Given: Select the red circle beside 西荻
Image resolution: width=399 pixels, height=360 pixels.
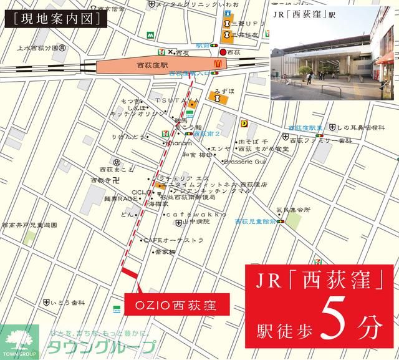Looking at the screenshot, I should [x=223, y=53].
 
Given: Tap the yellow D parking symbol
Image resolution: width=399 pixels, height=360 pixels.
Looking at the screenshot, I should [x=244, y=124].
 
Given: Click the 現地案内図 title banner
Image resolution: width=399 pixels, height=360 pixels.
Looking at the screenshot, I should [x=56, y=19].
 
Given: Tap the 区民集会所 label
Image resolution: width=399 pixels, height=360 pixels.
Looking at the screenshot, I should [x=293, y=210].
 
